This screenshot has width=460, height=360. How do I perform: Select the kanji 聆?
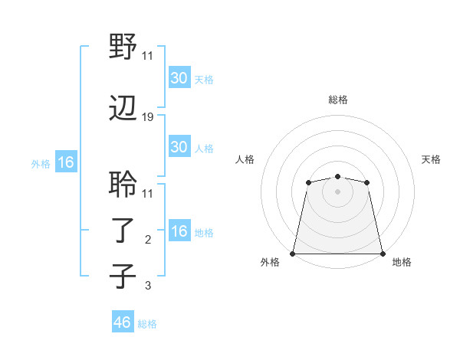123,185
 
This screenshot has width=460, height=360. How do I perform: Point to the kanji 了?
123,231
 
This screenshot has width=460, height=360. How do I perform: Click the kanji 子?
123,277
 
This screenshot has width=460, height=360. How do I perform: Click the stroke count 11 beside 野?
147,55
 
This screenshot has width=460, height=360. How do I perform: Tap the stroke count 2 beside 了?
148,240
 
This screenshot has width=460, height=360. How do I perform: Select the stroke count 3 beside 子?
148,286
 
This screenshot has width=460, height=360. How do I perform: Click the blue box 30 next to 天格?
179,78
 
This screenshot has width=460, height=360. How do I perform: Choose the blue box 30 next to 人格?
179,147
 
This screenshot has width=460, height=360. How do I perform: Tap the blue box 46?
123,322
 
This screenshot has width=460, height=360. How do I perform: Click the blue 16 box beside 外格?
65,162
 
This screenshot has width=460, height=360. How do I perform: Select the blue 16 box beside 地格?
179,231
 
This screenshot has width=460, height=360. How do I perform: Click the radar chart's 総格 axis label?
337,100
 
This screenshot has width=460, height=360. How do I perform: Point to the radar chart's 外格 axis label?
270,263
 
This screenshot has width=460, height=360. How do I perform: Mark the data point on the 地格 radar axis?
383,254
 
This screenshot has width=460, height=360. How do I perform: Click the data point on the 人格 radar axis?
308,182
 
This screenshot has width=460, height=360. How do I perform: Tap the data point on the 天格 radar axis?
366,182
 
